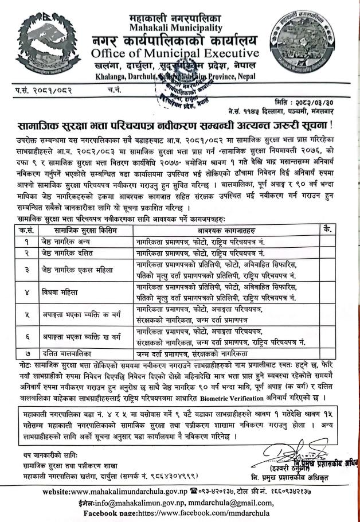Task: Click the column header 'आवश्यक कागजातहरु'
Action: click(222, 229)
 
